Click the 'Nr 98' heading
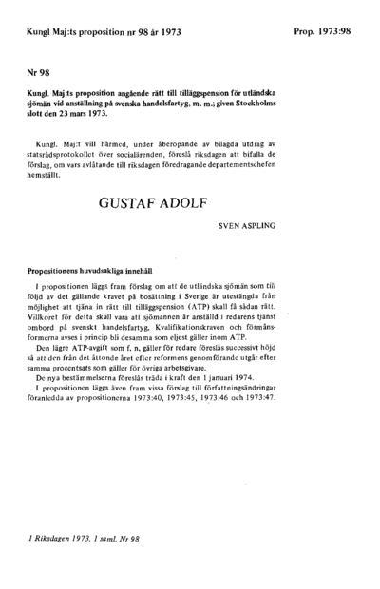[40, 71]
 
